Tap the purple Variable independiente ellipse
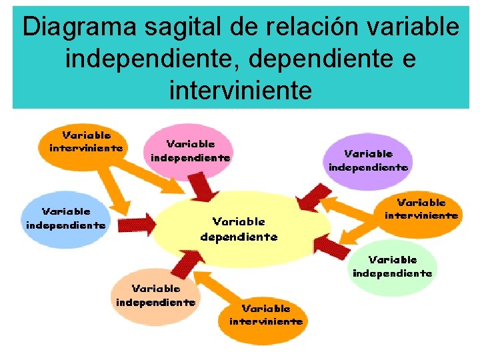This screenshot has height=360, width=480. click(x=368, y=160)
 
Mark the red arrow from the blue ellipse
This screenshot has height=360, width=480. click(x=137, y=219)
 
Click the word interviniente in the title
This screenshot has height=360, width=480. click(x=241, y=89)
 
